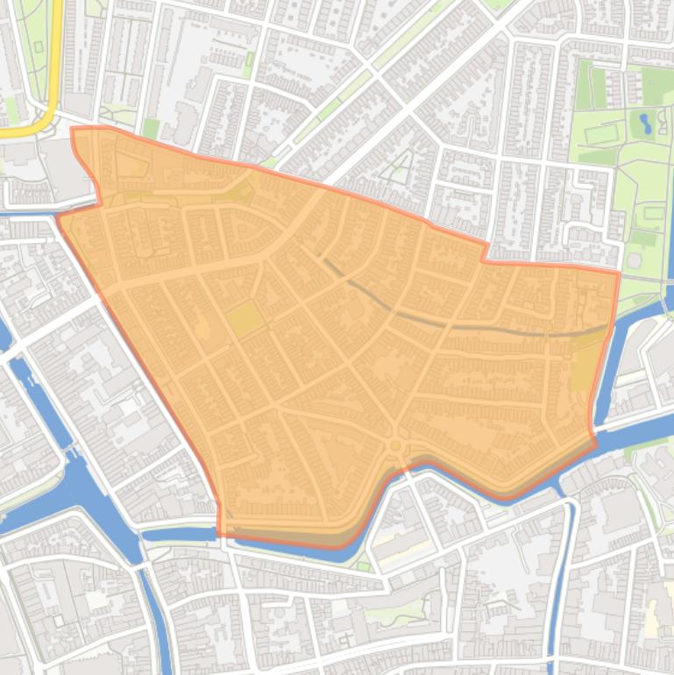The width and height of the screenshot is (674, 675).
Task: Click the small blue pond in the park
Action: [x=646, y=122]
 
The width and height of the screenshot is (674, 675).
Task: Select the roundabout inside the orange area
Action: [x=396, y=446]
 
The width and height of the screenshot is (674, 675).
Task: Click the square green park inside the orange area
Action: [x=245, y=318]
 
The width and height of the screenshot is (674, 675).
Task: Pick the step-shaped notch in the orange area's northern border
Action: [x=484, y=252]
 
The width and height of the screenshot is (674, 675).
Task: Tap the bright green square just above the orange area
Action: [x=151, y=129]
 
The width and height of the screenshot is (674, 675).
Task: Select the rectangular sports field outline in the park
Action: [x=601, y=135]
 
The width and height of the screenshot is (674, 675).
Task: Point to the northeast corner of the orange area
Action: [x=618, y=274]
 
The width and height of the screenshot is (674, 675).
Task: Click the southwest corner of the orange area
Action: [x=218, y=533]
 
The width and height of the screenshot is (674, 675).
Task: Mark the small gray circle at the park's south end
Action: [x=633, y=260]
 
